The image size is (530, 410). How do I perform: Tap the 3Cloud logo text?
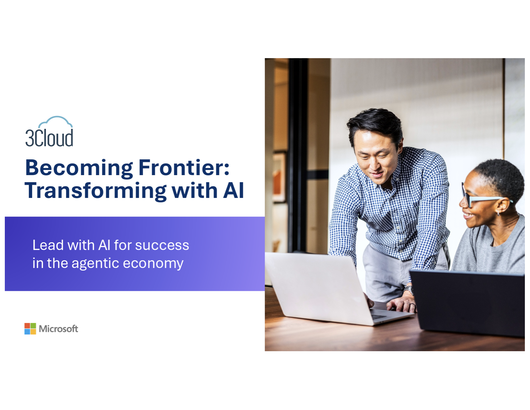49,138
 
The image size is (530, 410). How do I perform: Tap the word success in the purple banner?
162,245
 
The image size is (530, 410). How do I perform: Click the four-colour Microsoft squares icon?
30,328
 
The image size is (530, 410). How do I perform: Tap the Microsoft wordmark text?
58,329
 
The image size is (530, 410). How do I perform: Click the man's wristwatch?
409,290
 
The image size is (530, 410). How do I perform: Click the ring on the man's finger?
412,305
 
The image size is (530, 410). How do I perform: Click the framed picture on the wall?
279,177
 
